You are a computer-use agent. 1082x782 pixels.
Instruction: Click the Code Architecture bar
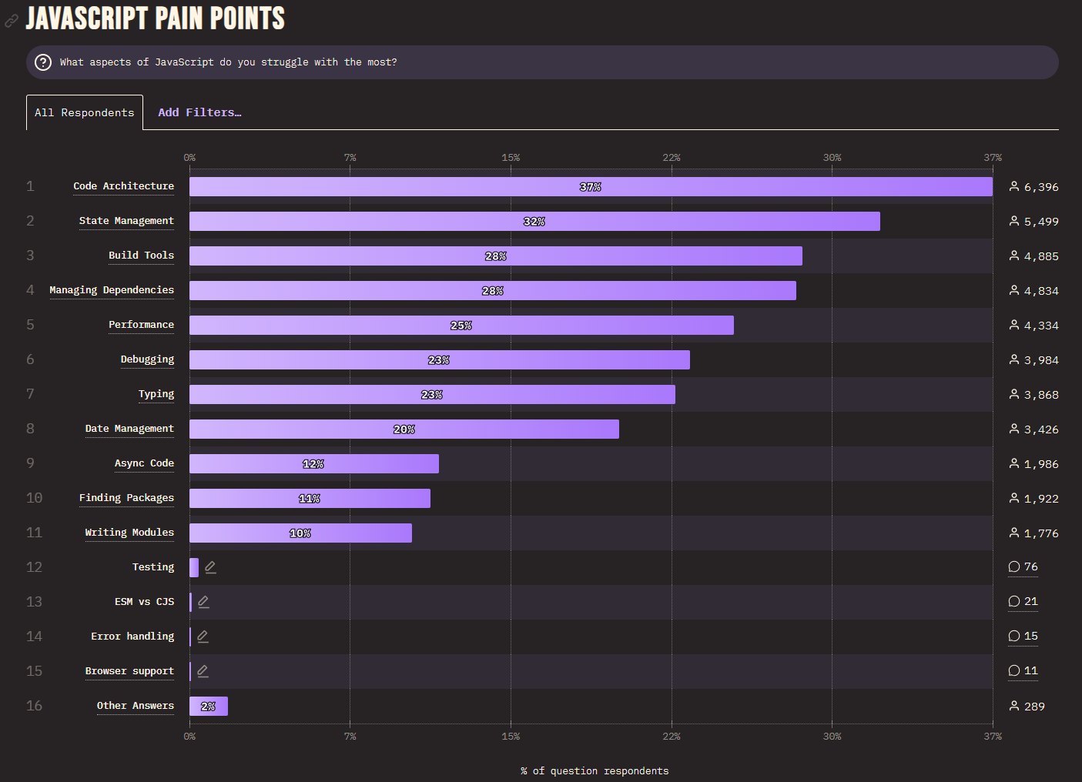(x=591, y=187)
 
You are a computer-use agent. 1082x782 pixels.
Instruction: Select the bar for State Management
(x=534, y=222)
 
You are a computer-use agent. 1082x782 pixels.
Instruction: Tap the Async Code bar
(x=314, y=464)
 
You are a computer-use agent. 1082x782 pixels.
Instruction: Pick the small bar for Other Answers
(x=209, y=707)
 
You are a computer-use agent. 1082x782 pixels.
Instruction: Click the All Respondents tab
(x=85, y=112)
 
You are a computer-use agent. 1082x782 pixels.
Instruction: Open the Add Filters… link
(x=199, y=112)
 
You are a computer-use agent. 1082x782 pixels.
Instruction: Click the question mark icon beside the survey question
(x=44, y=62)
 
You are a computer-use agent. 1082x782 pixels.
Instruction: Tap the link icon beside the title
(x=12, y=21)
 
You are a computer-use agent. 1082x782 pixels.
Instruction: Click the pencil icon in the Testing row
(x=210, y=567)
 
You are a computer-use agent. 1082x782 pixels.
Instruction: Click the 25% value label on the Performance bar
(x=461, y=326)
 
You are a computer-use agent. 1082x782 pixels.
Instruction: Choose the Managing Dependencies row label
(x=112, y=290)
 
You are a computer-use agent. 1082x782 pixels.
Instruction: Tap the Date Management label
(x=129, y=429)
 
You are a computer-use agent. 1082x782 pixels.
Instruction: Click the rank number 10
(x=34, y=498)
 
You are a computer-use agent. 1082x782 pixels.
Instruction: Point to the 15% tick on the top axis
(x=511, y=158)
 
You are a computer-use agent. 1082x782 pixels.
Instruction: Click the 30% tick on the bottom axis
(x=832, y=737)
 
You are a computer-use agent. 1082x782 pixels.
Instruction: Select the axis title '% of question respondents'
(x=595, y=771)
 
